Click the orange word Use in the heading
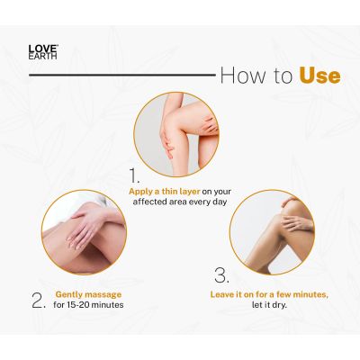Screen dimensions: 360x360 pos(319,75)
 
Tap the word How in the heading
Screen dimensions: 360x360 pos(239,75)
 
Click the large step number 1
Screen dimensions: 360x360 pos(135,175)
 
